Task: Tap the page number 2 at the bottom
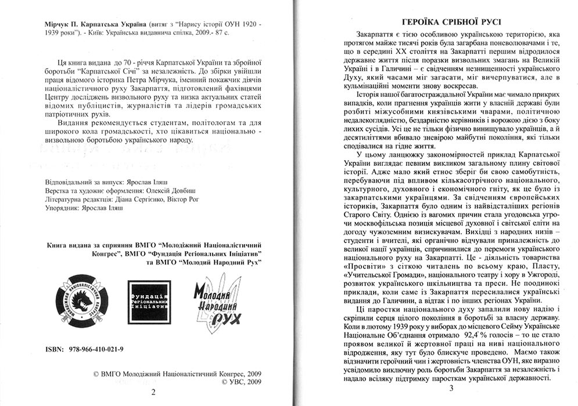coord(153,393)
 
